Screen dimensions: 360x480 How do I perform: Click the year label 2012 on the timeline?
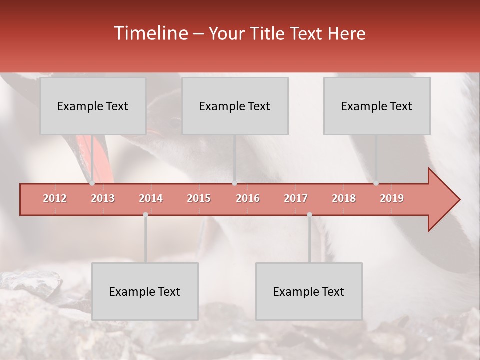coord(55,198)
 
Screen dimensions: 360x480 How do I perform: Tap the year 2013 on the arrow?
coord(103,198)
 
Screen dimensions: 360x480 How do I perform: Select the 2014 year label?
coord(151,198)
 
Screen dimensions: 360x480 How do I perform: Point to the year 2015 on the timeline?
coord(199,198)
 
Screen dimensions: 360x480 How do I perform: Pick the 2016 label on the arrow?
coord(248,198)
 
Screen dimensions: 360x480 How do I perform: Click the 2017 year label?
coord(296,198)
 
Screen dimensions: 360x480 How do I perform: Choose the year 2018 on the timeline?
coord(344,198)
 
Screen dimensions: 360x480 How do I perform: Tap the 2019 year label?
coord(392,198)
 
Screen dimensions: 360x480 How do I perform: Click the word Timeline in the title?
coord(150,33)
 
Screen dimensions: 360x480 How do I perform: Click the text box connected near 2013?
coord(93,106)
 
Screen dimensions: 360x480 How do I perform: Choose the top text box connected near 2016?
coord(235,106)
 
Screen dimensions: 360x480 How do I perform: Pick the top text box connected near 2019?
coord(377,106)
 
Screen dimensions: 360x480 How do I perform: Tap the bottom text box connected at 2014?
coord(145,291)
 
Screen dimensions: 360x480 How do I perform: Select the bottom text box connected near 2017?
coord(309,291)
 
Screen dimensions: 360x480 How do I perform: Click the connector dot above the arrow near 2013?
coord(92,183)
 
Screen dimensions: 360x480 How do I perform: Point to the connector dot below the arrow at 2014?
coord(145,214)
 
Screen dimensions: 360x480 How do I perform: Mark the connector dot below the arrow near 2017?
coord(309,214)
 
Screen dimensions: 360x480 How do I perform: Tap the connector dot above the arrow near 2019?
coord(376,183)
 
